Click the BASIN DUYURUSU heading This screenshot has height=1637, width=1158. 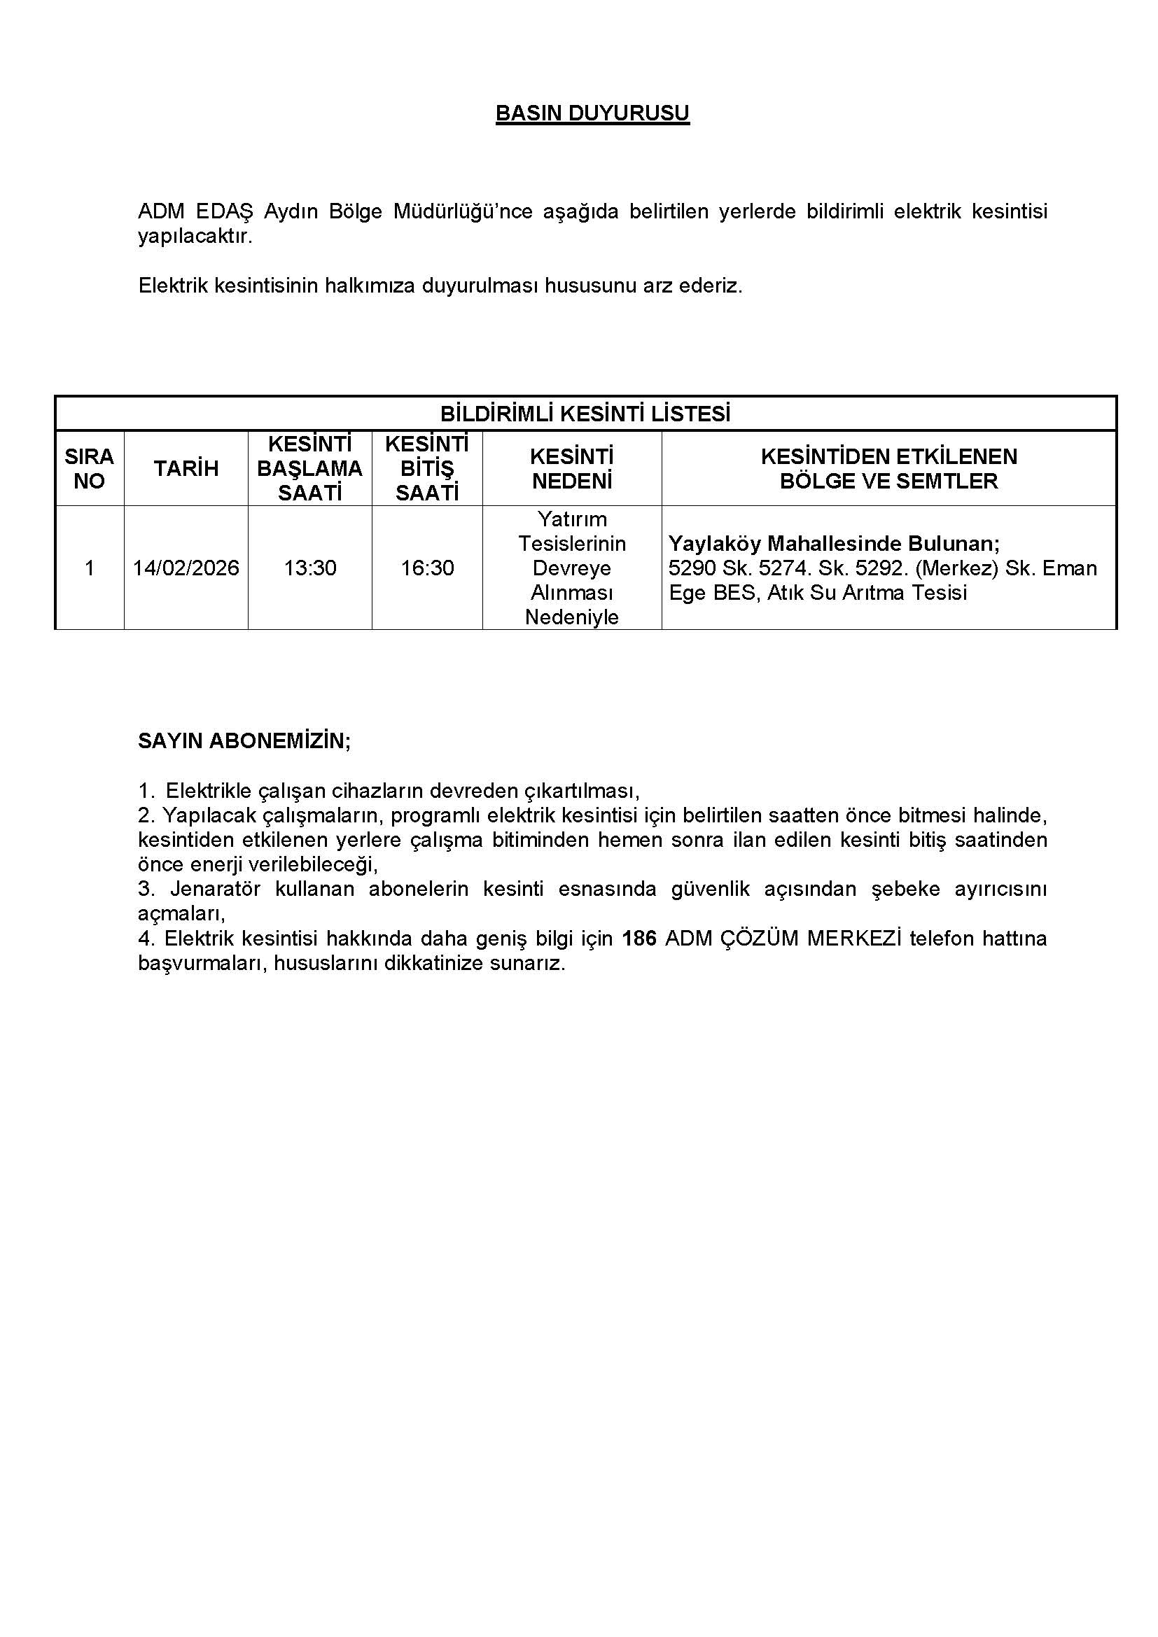tap(592, 113)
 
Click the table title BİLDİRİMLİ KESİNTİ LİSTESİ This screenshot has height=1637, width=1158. tap(585, 414)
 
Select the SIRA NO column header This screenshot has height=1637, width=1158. tap(89, 468)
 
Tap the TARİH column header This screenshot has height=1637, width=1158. tap(186, 468)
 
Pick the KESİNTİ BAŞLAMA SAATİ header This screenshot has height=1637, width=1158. tap(309, 468)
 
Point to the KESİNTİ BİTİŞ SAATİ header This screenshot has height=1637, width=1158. tap(426, 468)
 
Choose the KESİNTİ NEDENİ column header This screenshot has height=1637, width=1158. tap(572, 468)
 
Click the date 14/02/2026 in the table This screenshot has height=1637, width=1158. tap(186, 568)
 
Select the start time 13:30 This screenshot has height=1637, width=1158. tap(309, 568)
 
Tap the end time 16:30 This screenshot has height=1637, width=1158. tap(426, 568)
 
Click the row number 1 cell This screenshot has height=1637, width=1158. tap(89, 568)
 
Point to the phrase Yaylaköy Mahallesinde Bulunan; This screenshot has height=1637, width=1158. tap(834, 544)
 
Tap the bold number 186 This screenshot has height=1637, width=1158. tap(639, 939)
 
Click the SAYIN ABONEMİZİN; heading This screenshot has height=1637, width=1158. tap(244, 740)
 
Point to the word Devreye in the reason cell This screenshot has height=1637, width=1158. tap(572, 568)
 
